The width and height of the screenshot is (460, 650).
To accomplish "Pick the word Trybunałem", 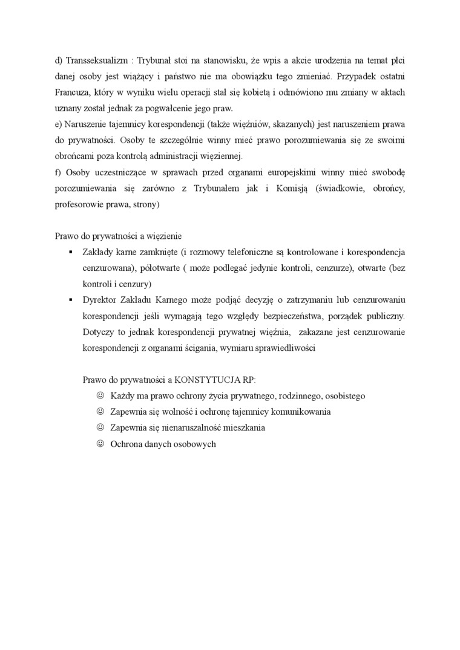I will (220, 189).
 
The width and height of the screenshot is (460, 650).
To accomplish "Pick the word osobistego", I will (344, 396).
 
